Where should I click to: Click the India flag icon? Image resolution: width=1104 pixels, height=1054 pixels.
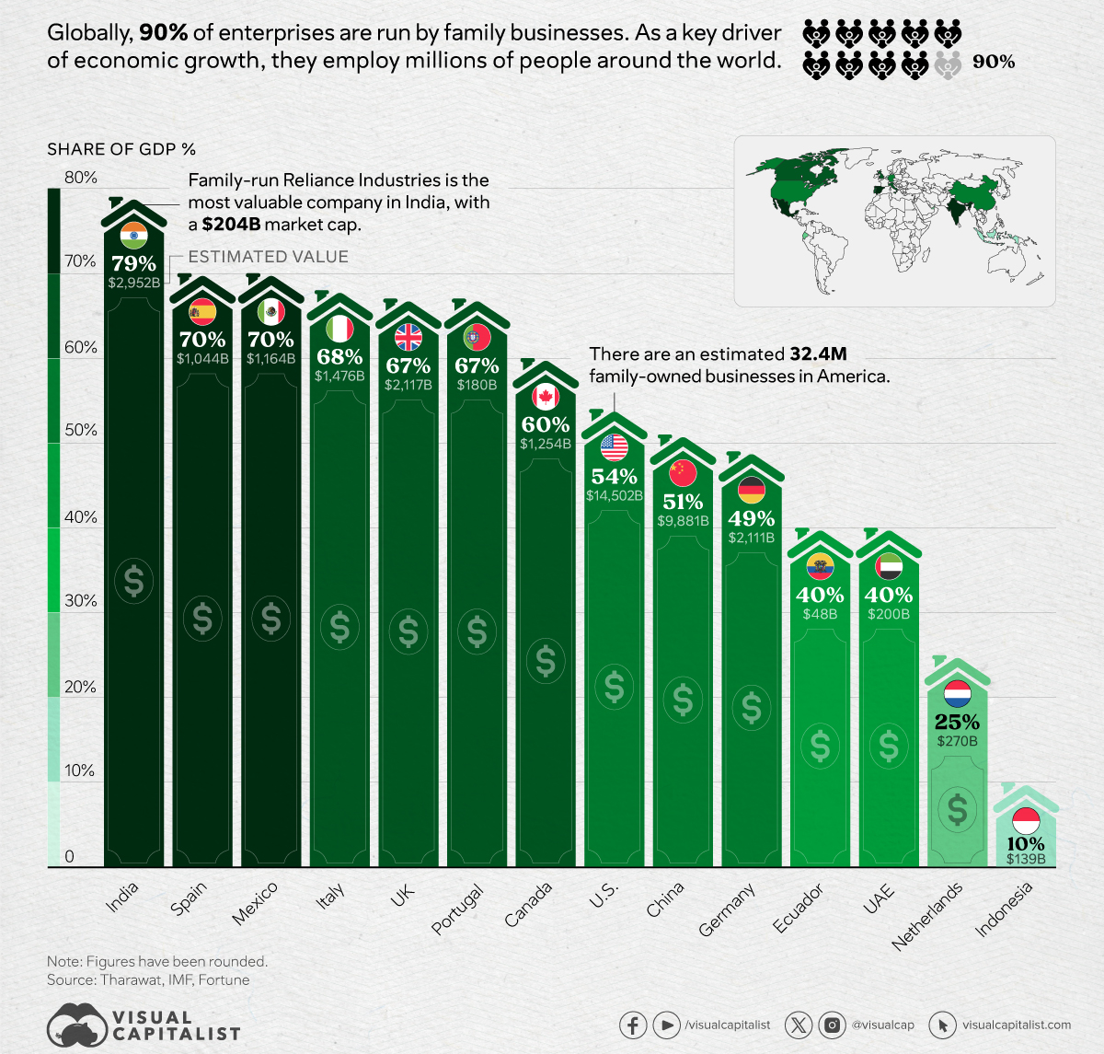coord(133,236)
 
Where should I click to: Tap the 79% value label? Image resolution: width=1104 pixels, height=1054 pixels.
coord(133,263)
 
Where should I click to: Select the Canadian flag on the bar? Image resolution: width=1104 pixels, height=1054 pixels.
coord(546,397)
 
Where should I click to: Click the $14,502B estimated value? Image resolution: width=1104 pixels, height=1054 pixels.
coord(614,495)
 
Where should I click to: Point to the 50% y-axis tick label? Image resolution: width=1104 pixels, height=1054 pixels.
coord(80,430)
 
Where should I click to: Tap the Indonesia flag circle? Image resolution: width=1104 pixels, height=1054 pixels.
coord(1025,818)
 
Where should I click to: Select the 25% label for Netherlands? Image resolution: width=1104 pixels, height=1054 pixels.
coord(957,722)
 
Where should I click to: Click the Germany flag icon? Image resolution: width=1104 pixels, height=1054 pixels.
coord(751,491)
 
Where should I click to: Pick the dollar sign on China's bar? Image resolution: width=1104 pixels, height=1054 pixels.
coord(683,700)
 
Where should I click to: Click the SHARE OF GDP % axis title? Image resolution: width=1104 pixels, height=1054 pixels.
coord(121,149)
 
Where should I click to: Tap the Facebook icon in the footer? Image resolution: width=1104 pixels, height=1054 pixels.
coord(633,1025)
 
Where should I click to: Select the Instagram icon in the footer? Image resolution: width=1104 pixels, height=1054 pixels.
coord(833,1025)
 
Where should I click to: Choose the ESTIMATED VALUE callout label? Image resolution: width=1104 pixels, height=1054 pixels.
coord(268,257)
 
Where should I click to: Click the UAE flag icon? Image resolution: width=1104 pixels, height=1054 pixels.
coord(888,566)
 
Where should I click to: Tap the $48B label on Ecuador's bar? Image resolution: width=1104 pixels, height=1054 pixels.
coord(820,613)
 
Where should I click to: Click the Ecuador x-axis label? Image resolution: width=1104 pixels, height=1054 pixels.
coord(798,907)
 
